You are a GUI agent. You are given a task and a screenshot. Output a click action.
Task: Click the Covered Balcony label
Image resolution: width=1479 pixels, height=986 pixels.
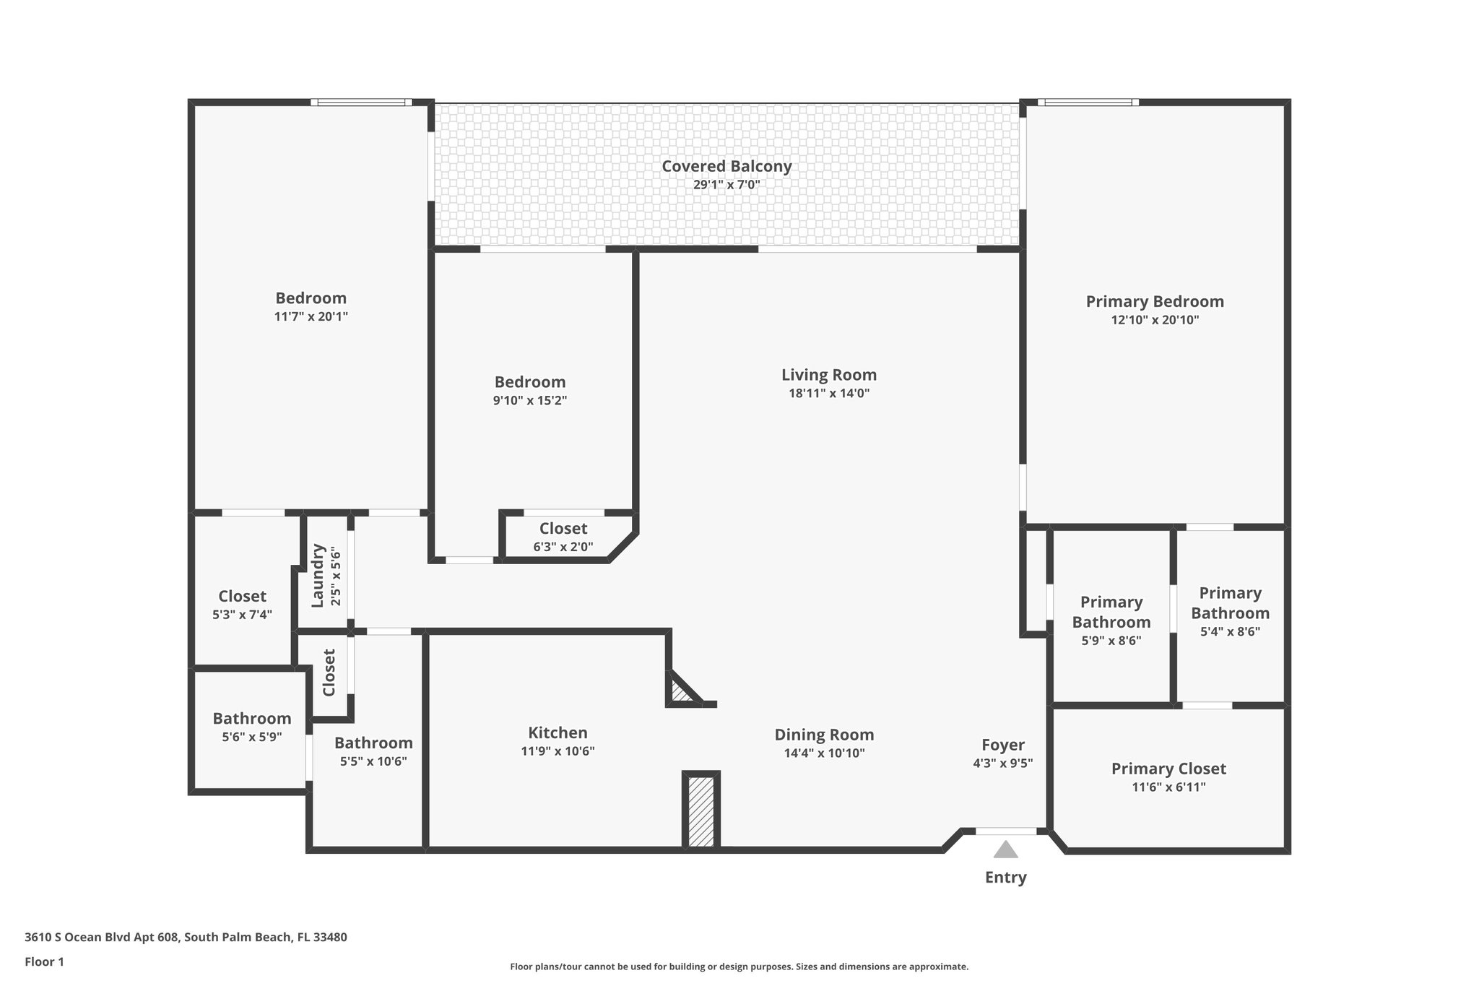click(x=727, y=166)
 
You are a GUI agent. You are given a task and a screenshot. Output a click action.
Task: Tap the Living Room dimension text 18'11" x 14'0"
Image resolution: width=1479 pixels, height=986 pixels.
click(x=828, y=394)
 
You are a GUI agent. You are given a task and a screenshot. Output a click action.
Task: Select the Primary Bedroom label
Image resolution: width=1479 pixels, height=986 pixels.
click(x=1154, y=302)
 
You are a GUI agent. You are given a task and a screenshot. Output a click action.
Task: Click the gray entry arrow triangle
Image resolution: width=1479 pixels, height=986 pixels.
click(x=1005, y=850)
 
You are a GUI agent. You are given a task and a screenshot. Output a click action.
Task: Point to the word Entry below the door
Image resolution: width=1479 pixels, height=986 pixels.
click(x=1005, y=878)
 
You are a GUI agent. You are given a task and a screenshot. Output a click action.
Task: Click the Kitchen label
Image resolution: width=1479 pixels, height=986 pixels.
click(x=558, y=733)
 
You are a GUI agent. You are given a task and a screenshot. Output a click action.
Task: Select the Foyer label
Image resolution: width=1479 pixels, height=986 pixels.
click(x=1002, y=745)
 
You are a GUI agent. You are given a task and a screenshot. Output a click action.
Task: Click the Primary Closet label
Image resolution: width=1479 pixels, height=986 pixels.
click(x=1168, y=769)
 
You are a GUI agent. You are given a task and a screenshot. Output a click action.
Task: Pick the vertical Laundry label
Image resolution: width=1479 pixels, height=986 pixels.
click(x=317, y=575)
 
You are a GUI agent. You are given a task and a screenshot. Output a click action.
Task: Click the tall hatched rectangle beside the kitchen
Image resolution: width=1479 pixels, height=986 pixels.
click(x=701, y=810)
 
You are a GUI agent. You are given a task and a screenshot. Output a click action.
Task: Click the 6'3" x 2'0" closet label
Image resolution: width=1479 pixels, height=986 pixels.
click(x=563, y=547)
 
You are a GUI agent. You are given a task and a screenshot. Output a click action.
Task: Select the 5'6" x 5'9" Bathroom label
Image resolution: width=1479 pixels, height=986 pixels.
click(x=251, y=738)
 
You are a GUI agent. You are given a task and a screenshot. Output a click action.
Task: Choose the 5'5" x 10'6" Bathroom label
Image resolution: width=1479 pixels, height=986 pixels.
click(x=373, y=761)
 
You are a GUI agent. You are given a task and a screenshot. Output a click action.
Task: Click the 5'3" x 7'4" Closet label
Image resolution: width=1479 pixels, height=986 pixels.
click(x=242, y=615)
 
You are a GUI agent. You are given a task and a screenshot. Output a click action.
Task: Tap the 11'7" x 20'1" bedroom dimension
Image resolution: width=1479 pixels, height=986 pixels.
click(x=311, y=316)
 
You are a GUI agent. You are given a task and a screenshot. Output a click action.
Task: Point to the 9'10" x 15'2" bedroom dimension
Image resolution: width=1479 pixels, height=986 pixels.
click(x=529, y=401)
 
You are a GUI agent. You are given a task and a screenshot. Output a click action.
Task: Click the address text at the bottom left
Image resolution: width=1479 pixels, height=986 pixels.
click(x=186, y=938)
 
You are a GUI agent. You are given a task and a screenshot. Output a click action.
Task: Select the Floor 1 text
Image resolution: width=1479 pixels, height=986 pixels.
click(x=44, y=962)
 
